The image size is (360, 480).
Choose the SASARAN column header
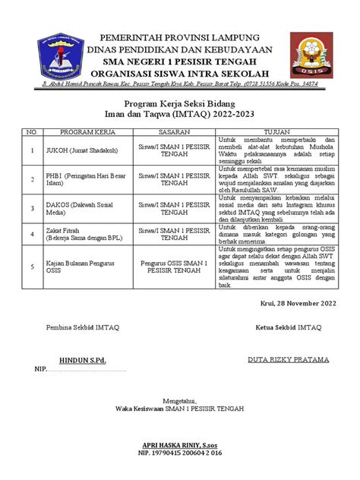point(175,131)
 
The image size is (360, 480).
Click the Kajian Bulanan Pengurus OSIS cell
point(82,266)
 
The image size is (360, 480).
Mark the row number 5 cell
point(32,266)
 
